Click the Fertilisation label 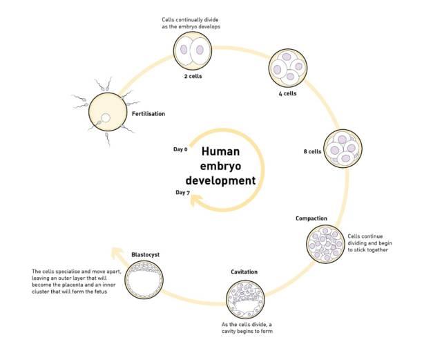(148, 113)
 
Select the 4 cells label (287, 94)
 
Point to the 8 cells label (314, 151)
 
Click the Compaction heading (311, 219)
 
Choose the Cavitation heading (244, 272)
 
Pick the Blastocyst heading (146, 255)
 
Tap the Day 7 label (182, 193)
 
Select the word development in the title (224, 181)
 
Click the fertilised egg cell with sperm (107, 114)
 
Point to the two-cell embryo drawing (191, 49)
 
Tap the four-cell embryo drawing (287, 68)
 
